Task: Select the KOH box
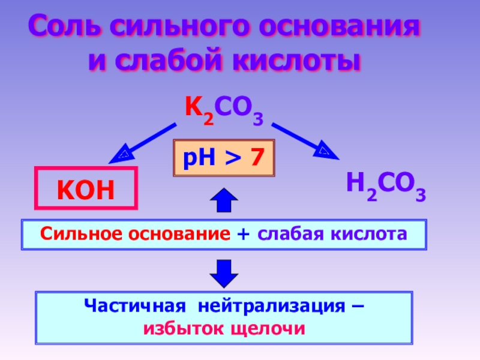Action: coord(86,188)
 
